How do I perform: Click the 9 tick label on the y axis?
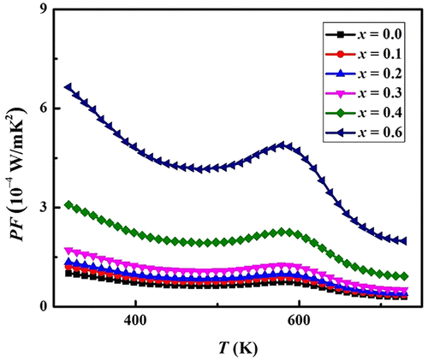click(x=42, y=10)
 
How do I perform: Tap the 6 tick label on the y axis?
click(x=42, y=109)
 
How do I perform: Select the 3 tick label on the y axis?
click(x=42, y=207)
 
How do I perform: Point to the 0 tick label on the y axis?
click(x=42, y=305)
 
